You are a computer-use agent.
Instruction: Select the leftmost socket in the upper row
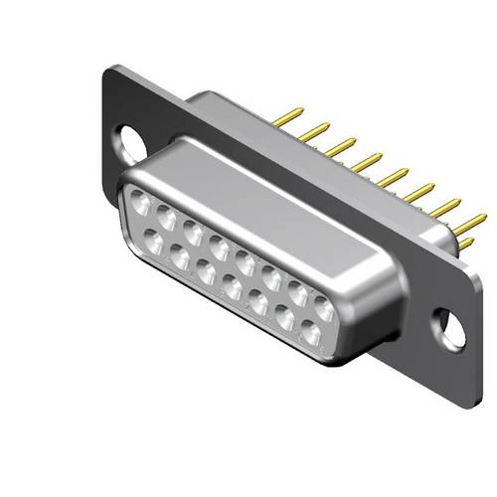tap(139, 207)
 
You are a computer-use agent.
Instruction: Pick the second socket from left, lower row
tap(181, 256)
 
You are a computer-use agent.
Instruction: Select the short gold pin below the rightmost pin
tap(464, 242)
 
